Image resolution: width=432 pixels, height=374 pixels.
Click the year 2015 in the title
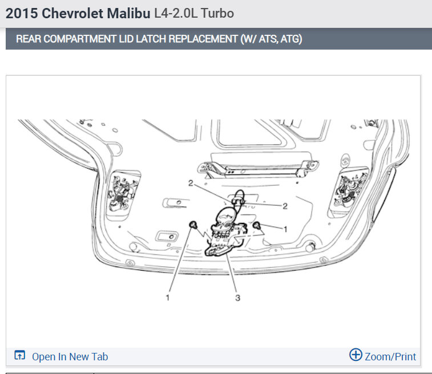22,13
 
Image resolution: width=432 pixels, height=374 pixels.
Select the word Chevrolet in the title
72,13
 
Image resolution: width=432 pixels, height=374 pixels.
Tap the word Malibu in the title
128,13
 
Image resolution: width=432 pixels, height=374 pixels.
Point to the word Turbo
217,13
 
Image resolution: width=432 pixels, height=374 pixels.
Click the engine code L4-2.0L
176,13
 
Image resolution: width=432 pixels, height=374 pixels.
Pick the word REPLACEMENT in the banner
203,39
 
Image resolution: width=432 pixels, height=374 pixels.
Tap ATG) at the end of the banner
291,39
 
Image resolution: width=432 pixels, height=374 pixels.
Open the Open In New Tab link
70,357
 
